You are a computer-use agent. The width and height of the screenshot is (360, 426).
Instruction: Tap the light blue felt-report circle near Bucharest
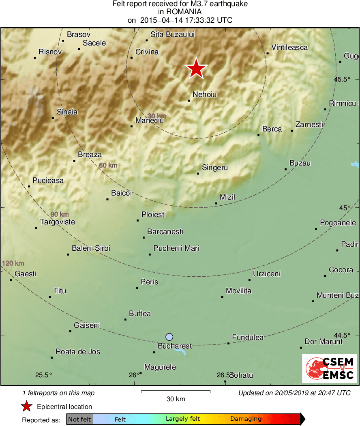coord(169,337)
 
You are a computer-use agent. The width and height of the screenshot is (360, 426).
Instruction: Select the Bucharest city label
coord(174,346)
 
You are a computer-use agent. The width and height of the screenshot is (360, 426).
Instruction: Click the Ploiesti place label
coord(154,214)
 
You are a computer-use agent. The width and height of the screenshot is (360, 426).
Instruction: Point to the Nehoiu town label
coord(204,95)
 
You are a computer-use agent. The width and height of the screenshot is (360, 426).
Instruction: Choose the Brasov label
coord(79,35)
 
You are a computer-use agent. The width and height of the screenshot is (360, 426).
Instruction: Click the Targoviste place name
coord(57,222)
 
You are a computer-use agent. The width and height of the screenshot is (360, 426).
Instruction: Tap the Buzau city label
coord(300,163)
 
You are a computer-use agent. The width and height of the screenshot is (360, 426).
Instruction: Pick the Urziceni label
coord(266,274)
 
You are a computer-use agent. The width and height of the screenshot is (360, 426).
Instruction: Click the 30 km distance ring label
coord(156,116)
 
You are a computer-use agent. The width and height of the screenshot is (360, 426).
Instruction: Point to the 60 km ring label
coord(108,165)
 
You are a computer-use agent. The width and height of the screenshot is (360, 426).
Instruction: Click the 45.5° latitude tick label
coord(342,79)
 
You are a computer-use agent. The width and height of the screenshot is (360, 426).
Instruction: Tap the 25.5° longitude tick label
coord(43,375)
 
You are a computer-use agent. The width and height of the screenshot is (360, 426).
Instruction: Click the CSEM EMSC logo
coord(329,368)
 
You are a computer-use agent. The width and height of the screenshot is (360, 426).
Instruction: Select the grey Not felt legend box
coord(79,419)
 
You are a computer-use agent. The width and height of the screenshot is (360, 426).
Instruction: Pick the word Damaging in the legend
coord(246,419)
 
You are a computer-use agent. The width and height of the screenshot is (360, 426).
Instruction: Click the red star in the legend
coord(27,407)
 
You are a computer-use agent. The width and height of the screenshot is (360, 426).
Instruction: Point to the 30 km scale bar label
coord(176,399)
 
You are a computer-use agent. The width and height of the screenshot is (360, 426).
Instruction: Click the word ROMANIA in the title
coord(180,12)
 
